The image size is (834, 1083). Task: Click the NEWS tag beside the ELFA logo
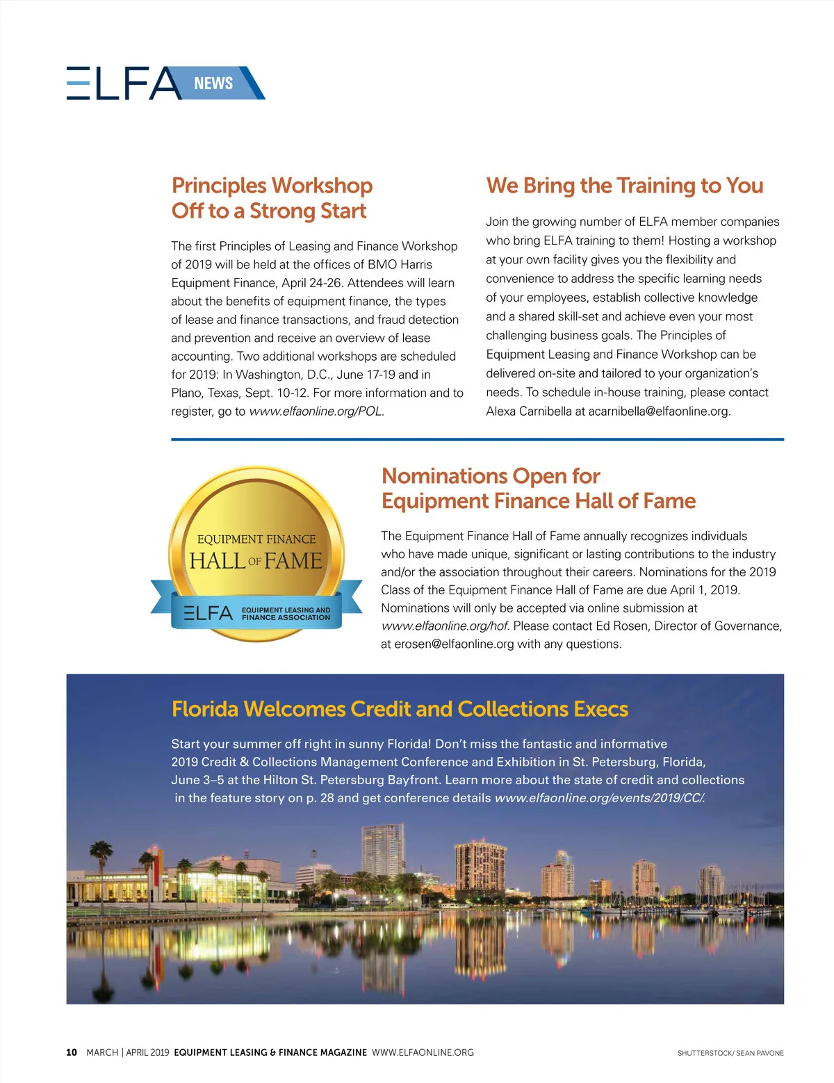(x=213, y=83)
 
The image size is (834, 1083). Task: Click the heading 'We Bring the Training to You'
(x=624, y=186)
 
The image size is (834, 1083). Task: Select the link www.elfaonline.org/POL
(x=316, y=412)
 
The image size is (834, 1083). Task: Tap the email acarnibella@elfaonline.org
(x=658, y=412)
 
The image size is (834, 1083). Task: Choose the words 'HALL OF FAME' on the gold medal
(x=256, y=560)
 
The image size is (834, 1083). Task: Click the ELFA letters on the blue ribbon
(x=208, y=613)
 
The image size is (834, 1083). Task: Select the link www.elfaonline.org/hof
(x=444, y=626)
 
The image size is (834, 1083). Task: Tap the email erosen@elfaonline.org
(x=454, y=644)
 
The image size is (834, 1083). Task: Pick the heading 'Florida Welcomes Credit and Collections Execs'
(x=400, y=709)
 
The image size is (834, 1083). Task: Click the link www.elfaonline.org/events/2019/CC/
(x=599, y=798)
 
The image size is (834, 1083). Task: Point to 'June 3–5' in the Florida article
(x=197, y=780)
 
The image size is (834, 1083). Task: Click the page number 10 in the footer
(x=72, y=1052)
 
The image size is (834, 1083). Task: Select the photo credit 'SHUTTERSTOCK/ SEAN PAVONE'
(x=730, y=1053)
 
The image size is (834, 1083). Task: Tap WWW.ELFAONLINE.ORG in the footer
(x=423, y=1052)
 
